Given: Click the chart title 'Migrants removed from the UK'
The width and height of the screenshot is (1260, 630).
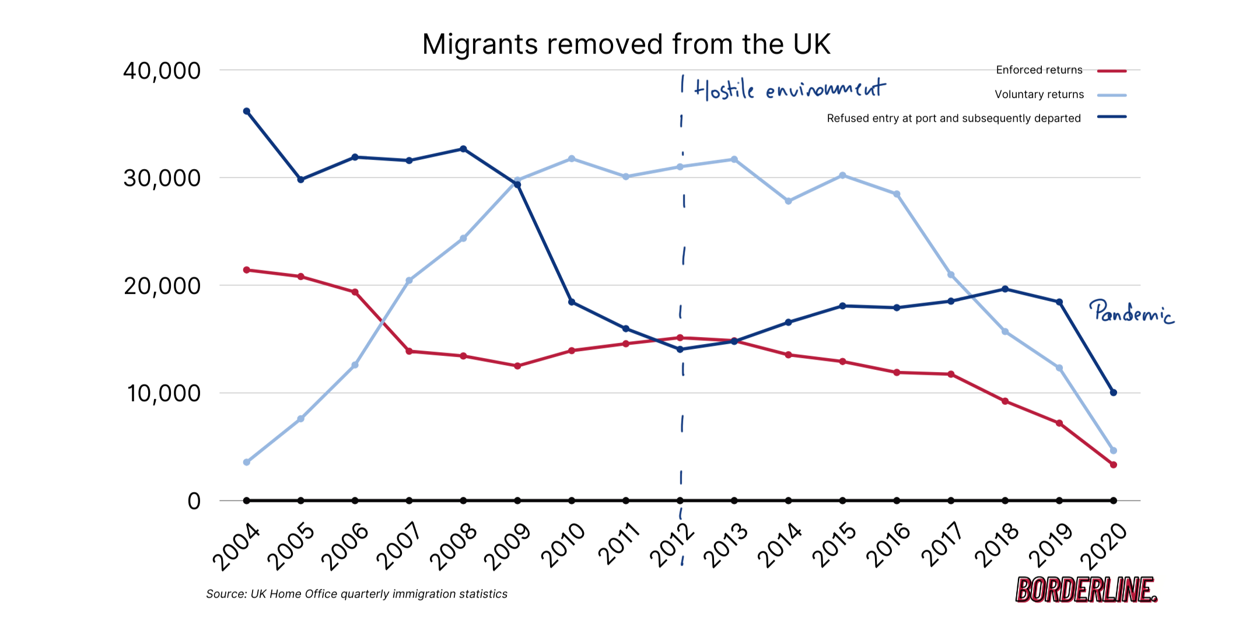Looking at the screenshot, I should click(626, 44).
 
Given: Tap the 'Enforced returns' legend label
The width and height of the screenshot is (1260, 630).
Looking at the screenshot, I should click(1039, 70).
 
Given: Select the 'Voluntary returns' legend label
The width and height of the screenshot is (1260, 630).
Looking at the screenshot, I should click(1039, 94).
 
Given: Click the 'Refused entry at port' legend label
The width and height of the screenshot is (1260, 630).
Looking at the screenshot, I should click(954, 118).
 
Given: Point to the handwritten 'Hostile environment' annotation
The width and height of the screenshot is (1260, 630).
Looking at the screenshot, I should click(790, 89).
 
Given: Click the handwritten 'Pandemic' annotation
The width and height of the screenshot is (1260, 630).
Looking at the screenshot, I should click(1131, 312).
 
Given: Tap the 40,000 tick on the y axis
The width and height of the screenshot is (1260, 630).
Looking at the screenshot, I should click(162, 71).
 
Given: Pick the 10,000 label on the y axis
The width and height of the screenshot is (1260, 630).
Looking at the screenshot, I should click(164, 394).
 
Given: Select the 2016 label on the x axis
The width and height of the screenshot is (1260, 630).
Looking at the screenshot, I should click(888, 545).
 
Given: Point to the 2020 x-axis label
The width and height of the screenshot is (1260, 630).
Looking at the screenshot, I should click(1104, 546).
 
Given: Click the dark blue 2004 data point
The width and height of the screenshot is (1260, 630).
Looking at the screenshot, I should click(247, 111).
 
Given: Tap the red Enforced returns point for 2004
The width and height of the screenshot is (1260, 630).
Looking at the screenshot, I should click(247, 270).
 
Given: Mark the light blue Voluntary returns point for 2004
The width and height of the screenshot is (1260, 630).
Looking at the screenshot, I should click(247, 462).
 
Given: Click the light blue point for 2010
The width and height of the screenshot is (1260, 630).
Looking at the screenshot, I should click(572, 159).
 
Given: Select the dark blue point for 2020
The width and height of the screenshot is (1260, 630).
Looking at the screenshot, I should click(1113, 393).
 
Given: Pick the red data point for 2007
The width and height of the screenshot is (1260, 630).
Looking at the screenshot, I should click(409, 351).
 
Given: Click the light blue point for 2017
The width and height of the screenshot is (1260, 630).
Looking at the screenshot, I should click(951, 275).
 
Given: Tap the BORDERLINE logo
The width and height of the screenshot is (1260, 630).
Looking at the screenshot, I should click(1086, 590).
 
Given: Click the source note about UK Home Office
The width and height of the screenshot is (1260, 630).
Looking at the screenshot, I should click(356, 594).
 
